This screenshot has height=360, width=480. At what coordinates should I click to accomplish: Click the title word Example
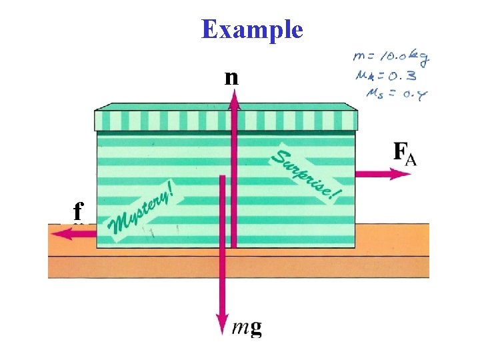(252, 30)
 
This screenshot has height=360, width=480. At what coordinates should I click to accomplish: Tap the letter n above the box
(231, 78)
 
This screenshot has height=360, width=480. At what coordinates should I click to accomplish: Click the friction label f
(78, 212)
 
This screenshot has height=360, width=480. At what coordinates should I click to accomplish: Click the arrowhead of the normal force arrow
(234, 98)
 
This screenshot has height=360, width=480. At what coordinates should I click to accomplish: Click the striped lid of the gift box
(227, 118)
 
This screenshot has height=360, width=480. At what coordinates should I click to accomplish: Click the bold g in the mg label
(255, 328)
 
